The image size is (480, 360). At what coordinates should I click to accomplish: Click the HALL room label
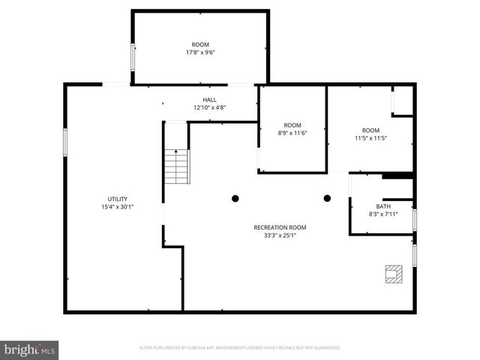[209, 100]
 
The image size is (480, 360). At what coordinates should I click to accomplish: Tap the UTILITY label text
[118, 199]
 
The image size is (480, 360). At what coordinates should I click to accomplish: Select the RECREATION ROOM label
[280, 227]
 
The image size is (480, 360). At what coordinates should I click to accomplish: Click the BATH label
[383, 206]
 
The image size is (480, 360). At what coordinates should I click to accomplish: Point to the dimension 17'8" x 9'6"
[200, 52]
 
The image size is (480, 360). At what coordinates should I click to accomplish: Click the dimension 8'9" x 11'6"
[292, 133]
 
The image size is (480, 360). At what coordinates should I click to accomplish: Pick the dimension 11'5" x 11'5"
[370, 137]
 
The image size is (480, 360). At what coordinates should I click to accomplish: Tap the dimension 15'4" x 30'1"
[118, 207]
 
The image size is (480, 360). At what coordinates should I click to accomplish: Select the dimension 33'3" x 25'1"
[280, 235]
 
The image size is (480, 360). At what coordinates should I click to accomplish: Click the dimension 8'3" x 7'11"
[383, 214]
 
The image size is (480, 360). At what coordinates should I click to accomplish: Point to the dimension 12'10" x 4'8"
[209, 108]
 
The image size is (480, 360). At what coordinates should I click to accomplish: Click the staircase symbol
[176, 166]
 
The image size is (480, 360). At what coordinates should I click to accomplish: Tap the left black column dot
[235, 198]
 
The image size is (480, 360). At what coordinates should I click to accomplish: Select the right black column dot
[327, 198]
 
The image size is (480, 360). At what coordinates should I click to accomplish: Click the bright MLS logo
[30, 349]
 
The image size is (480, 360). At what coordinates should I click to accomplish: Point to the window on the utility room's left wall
[65, 142]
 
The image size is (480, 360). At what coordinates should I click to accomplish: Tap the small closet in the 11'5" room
[403, 101]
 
